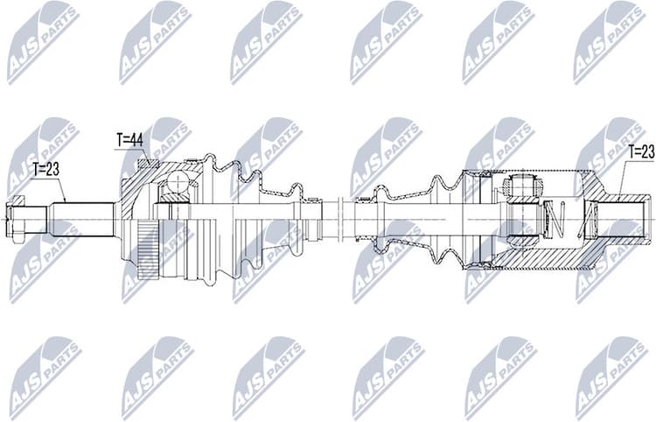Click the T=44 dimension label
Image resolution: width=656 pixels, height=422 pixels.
129,139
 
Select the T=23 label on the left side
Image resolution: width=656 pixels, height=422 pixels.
45,170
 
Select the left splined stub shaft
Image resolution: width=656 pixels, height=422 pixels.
83,217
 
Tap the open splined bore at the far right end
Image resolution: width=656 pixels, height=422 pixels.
630,218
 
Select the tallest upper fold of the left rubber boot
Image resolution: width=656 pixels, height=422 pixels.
210,163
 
